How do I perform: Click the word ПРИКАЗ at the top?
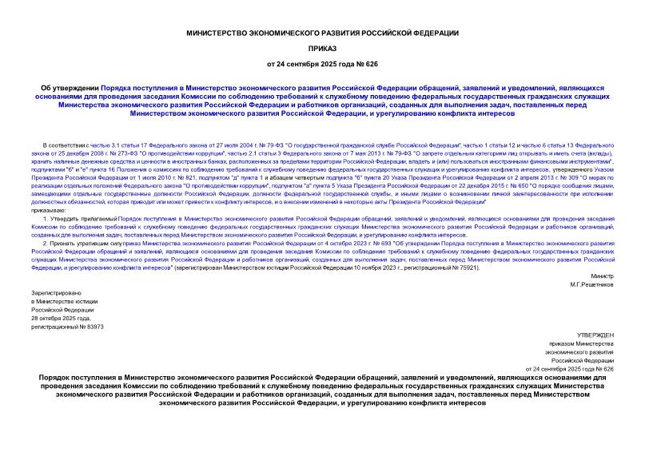pos(322,48)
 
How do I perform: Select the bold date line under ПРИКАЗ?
pos(322,63)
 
